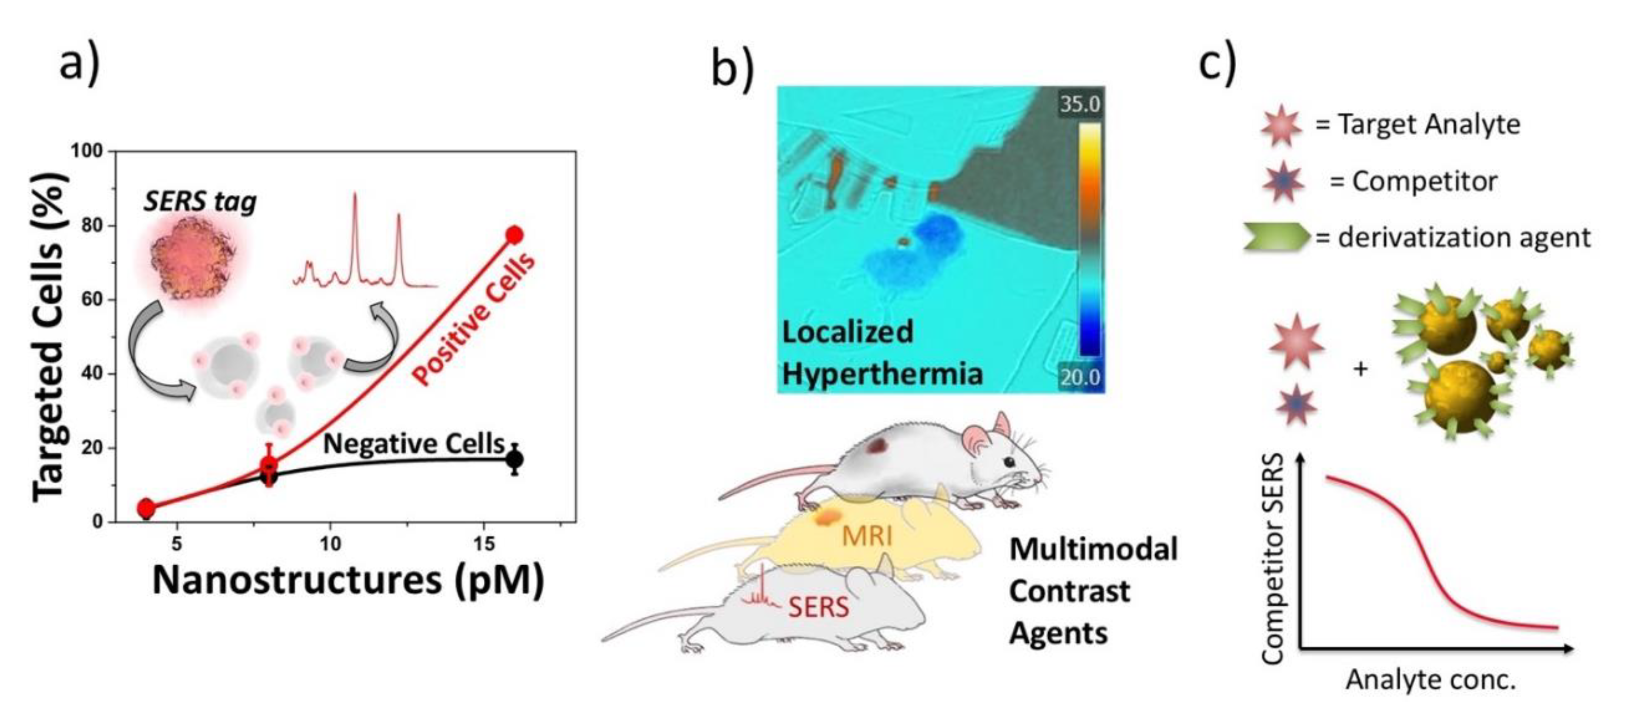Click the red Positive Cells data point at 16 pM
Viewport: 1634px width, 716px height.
(x=515, y=235)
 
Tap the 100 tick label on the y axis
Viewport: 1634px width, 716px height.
(x=86, y=151)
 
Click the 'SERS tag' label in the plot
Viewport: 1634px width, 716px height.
(x=200, y=202)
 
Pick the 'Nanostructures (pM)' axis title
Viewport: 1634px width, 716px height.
(x=348, y=579)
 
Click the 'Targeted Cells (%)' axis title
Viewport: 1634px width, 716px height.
(x=50, y=336)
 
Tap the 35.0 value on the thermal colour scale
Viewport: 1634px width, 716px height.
(x=1080, y=103)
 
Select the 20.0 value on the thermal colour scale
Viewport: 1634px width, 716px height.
(x=1080, y=378)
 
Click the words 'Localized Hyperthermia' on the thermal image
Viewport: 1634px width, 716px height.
(x=882, y=352)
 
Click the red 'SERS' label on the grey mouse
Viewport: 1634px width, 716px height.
(x=818, y=608)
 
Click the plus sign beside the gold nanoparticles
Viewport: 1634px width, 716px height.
(x=1360, y=369)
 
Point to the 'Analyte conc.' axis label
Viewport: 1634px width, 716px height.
(x=1430, y=680)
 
